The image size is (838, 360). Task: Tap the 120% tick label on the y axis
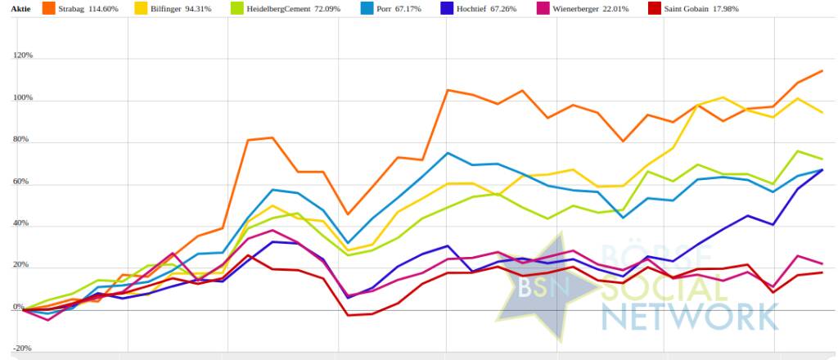(22, 56)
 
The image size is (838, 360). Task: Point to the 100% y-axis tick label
(22, 98)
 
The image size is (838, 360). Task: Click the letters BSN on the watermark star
(537, 287)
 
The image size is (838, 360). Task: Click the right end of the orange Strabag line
(822, 71)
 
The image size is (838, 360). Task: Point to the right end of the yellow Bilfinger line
(822, 112)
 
